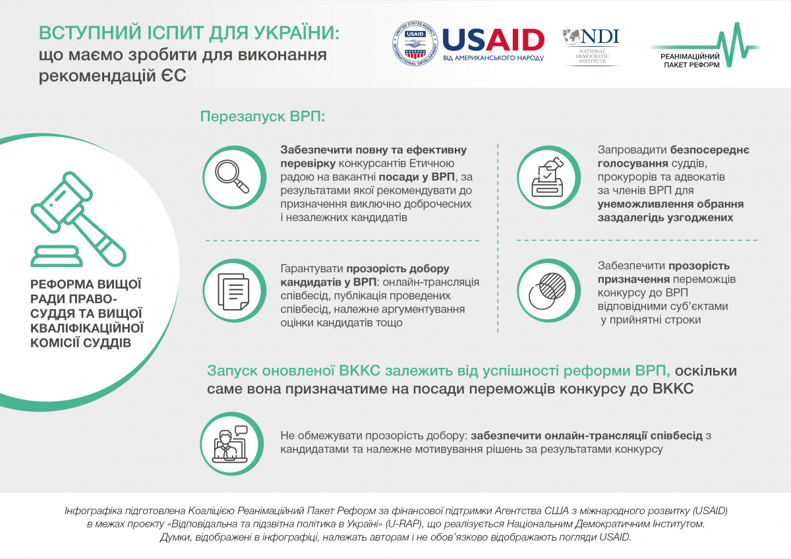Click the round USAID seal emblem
point(415,44)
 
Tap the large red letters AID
point(515,40)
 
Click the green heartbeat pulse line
point(705,45)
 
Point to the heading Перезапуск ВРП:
point(262,116)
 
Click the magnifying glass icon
point(232,176)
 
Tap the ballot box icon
point(547,177)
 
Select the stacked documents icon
point(233,291)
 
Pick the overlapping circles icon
point(547,291)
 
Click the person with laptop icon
point(230,444)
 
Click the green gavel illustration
point(78,220)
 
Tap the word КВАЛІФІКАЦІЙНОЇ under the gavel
point(87,328)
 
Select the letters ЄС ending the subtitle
point(174,76)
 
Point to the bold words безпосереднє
point(709,150)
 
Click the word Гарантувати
point(312,269)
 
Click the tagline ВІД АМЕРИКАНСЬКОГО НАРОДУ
point(493,58)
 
